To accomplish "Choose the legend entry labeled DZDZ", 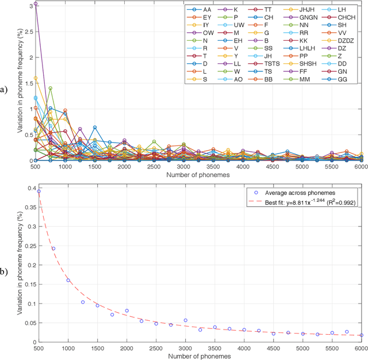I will tap(348, 40).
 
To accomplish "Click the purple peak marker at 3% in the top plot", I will tap(36, 4).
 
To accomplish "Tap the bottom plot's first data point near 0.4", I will tap(39, 192).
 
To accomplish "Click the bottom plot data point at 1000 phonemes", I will tap(68, 280).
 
